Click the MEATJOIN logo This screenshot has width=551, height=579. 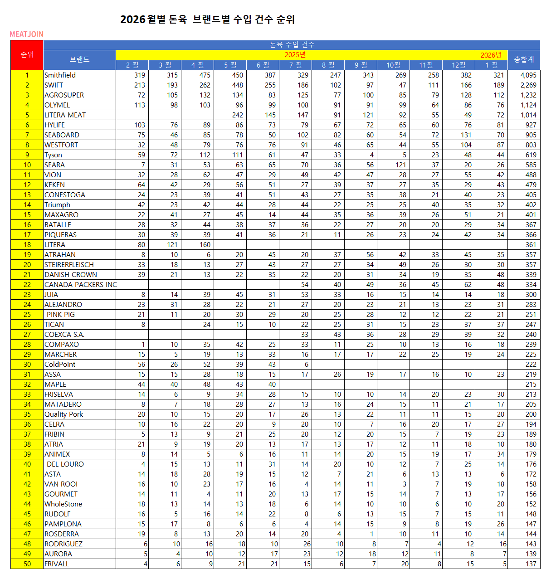point(27,34)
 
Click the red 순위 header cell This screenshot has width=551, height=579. point(27,54)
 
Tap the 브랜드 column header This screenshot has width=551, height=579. point(79,59)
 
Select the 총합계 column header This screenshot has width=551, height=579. point(524,59)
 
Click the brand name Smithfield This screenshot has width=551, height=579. point(60,75)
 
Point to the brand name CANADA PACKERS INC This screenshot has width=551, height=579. point(80,285)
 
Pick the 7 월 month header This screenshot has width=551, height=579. point(295,65)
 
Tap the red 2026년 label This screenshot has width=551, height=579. point(491,55)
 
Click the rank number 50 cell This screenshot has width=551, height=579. point(27,564)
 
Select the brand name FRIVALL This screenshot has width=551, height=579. point(57,564)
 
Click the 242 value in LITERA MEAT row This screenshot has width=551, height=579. point(237,115)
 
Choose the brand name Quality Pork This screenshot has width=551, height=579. point(63,414)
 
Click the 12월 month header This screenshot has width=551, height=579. point(458,65)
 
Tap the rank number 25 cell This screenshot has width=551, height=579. point(27,315)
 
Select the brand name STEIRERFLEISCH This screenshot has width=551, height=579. point(69,265)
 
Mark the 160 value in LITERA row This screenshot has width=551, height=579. point(205,245)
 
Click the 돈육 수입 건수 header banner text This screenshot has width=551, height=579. point(292,44)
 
